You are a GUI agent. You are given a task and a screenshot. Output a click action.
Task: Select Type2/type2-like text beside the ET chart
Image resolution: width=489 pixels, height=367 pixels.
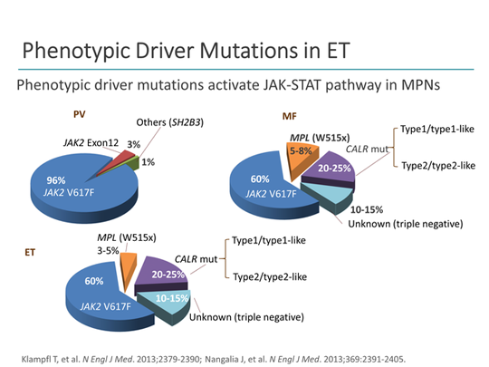tap(270, 275)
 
